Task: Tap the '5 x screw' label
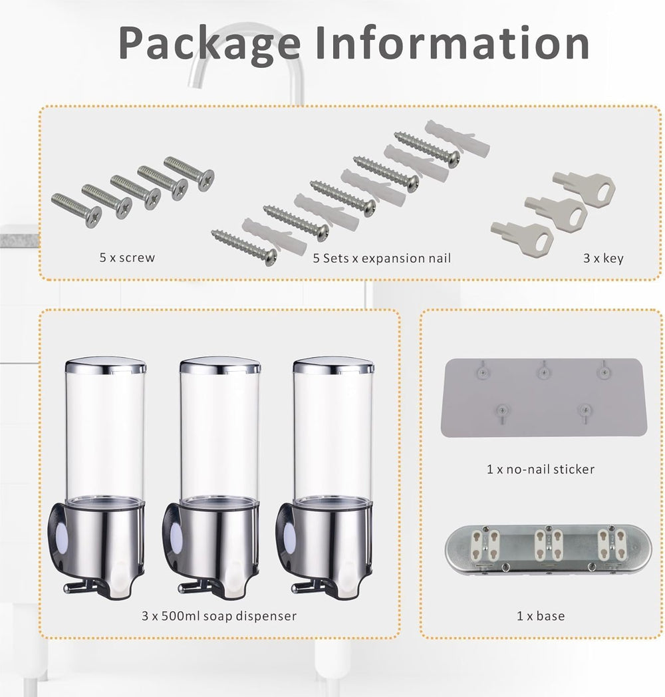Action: click(x=126, y=257)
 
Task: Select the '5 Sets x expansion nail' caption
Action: click(x=382, y=257)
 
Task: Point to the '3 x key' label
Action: click(x=603, y=257)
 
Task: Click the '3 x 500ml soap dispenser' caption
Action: click(x=219, y=616)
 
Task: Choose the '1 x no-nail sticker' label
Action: click(x=540, y=469)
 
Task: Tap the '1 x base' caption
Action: click(x=540, y=616)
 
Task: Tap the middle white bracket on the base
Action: click(x=549, y=542)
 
